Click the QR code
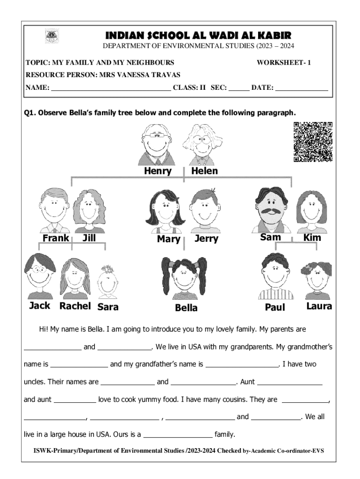pyautogui.click(x=313, y=142)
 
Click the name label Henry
pyautogui.click(x=158, y=171)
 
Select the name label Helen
pyautogui.click(x=204, y=171)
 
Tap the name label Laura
pyautogui.click(x=319, y=306)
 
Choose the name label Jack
pyautogui.click(x=40, y=306)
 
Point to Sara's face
pyautogui.click(x=108, y=283)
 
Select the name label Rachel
pyautogui.click(x=75, y=306)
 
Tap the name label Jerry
pyautogui.click(x=206, y=239)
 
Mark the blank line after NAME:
pyautogui.click(x=111, y=88)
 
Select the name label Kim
pyautogui.click(x=312, y=238)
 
